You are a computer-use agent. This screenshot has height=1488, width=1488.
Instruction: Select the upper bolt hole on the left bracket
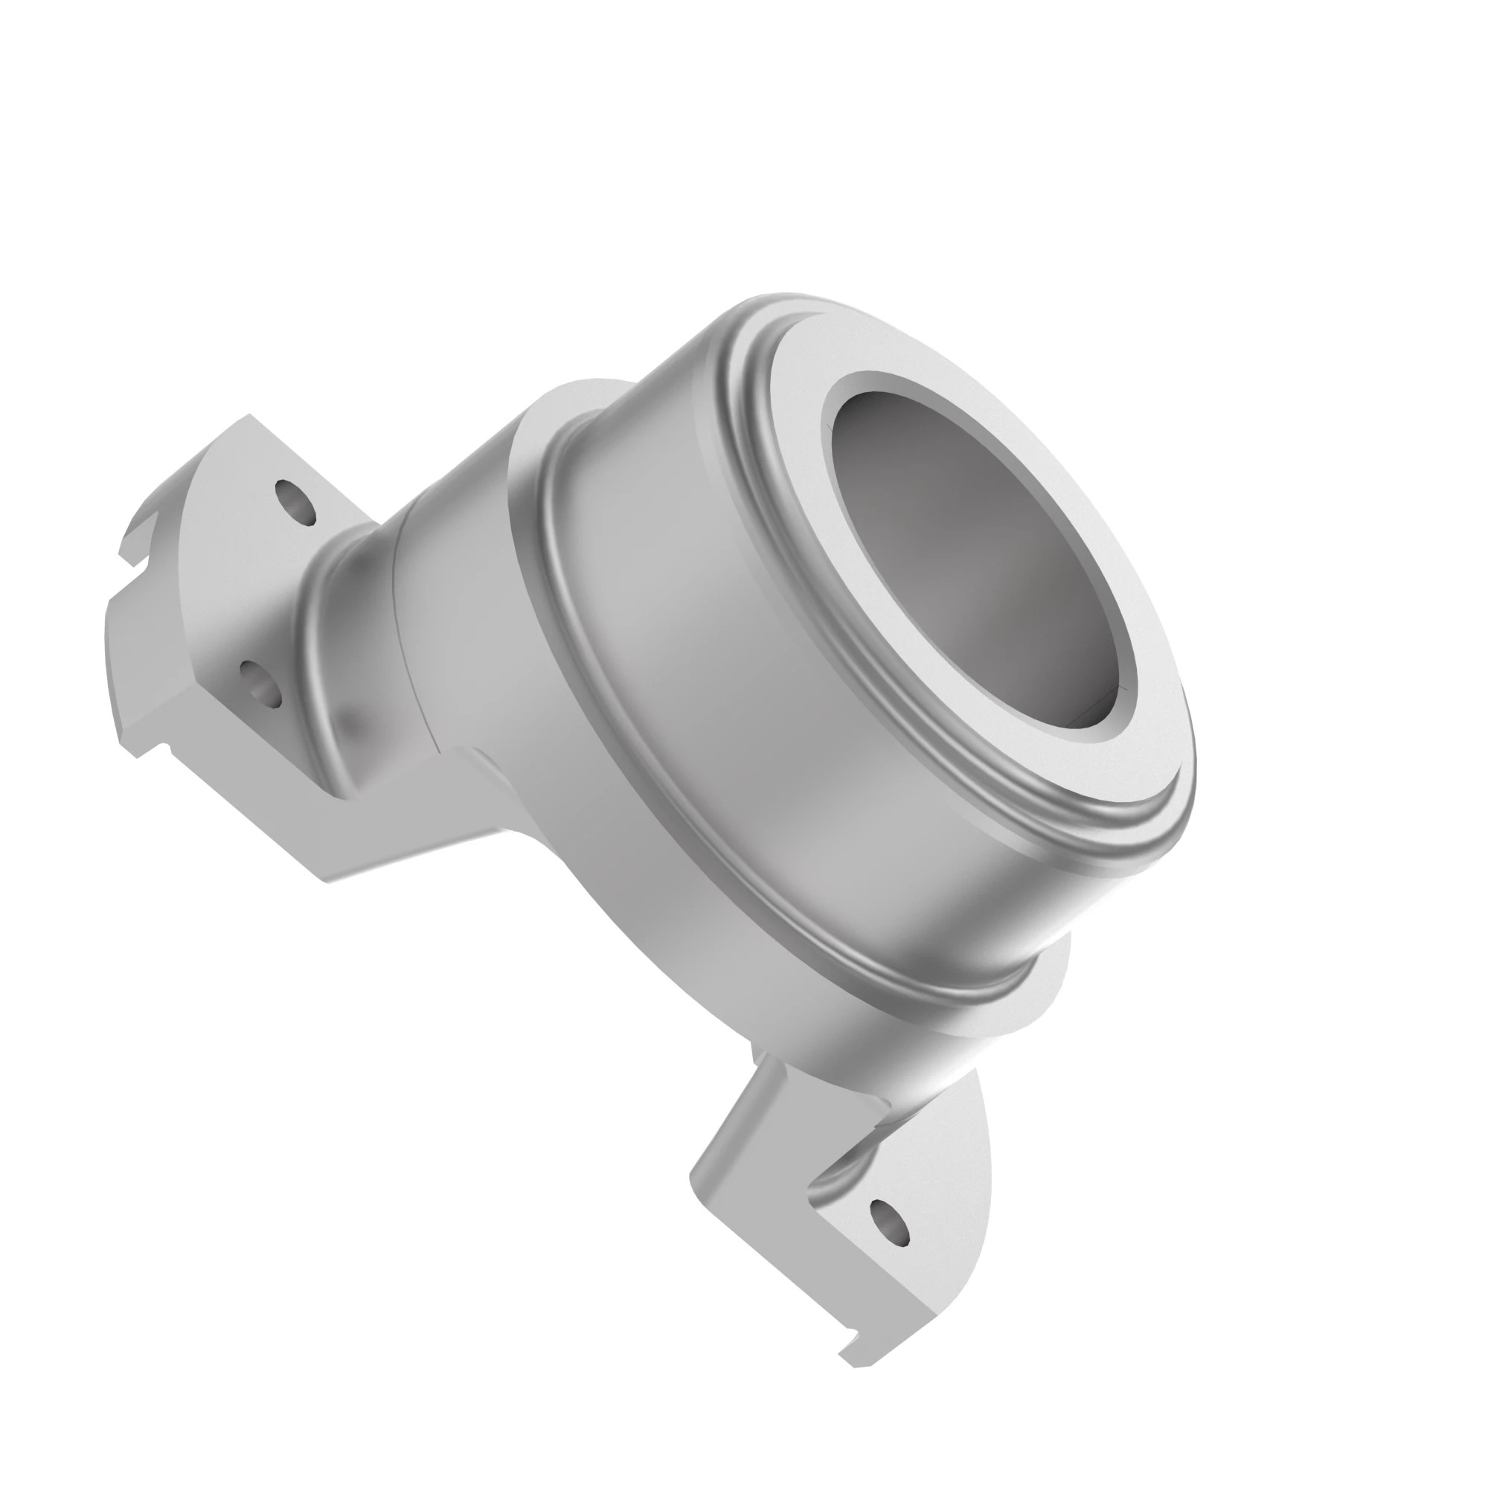click(x=296, y=502)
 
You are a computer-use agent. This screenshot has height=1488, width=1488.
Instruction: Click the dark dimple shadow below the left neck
click(x=350, y=720)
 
